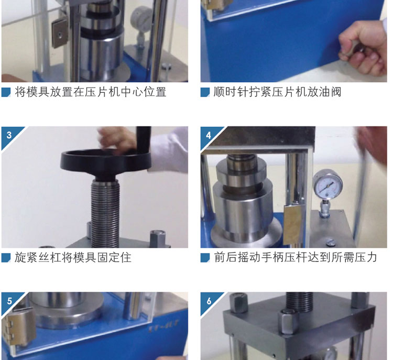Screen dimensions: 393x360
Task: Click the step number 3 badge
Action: pos(9,135)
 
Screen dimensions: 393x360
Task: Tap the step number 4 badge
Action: pos(209,135)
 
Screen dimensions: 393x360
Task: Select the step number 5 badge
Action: pos(9,300)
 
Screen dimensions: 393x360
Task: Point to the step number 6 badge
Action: pos(209,301)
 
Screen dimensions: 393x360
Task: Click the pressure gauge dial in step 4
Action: pos(328,185)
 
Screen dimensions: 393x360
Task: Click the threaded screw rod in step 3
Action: pos(105,213)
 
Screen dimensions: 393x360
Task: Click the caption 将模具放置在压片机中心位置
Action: pos(91,92)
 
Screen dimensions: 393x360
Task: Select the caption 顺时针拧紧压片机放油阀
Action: pos(277,92)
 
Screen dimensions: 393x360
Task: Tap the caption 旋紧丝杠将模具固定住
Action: pos(73,257)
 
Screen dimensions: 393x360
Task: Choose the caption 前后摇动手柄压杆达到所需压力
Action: pos(295,257)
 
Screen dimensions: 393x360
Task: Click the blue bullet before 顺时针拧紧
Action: pos(205,92)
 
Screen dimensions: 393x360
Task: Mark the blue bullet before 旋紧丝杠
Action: pos(6,258)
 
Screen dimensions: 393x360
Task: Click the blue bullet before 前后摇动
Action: pos(205,258)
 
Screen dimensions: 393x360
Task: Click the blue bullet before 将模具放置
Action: pos(6,92)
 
